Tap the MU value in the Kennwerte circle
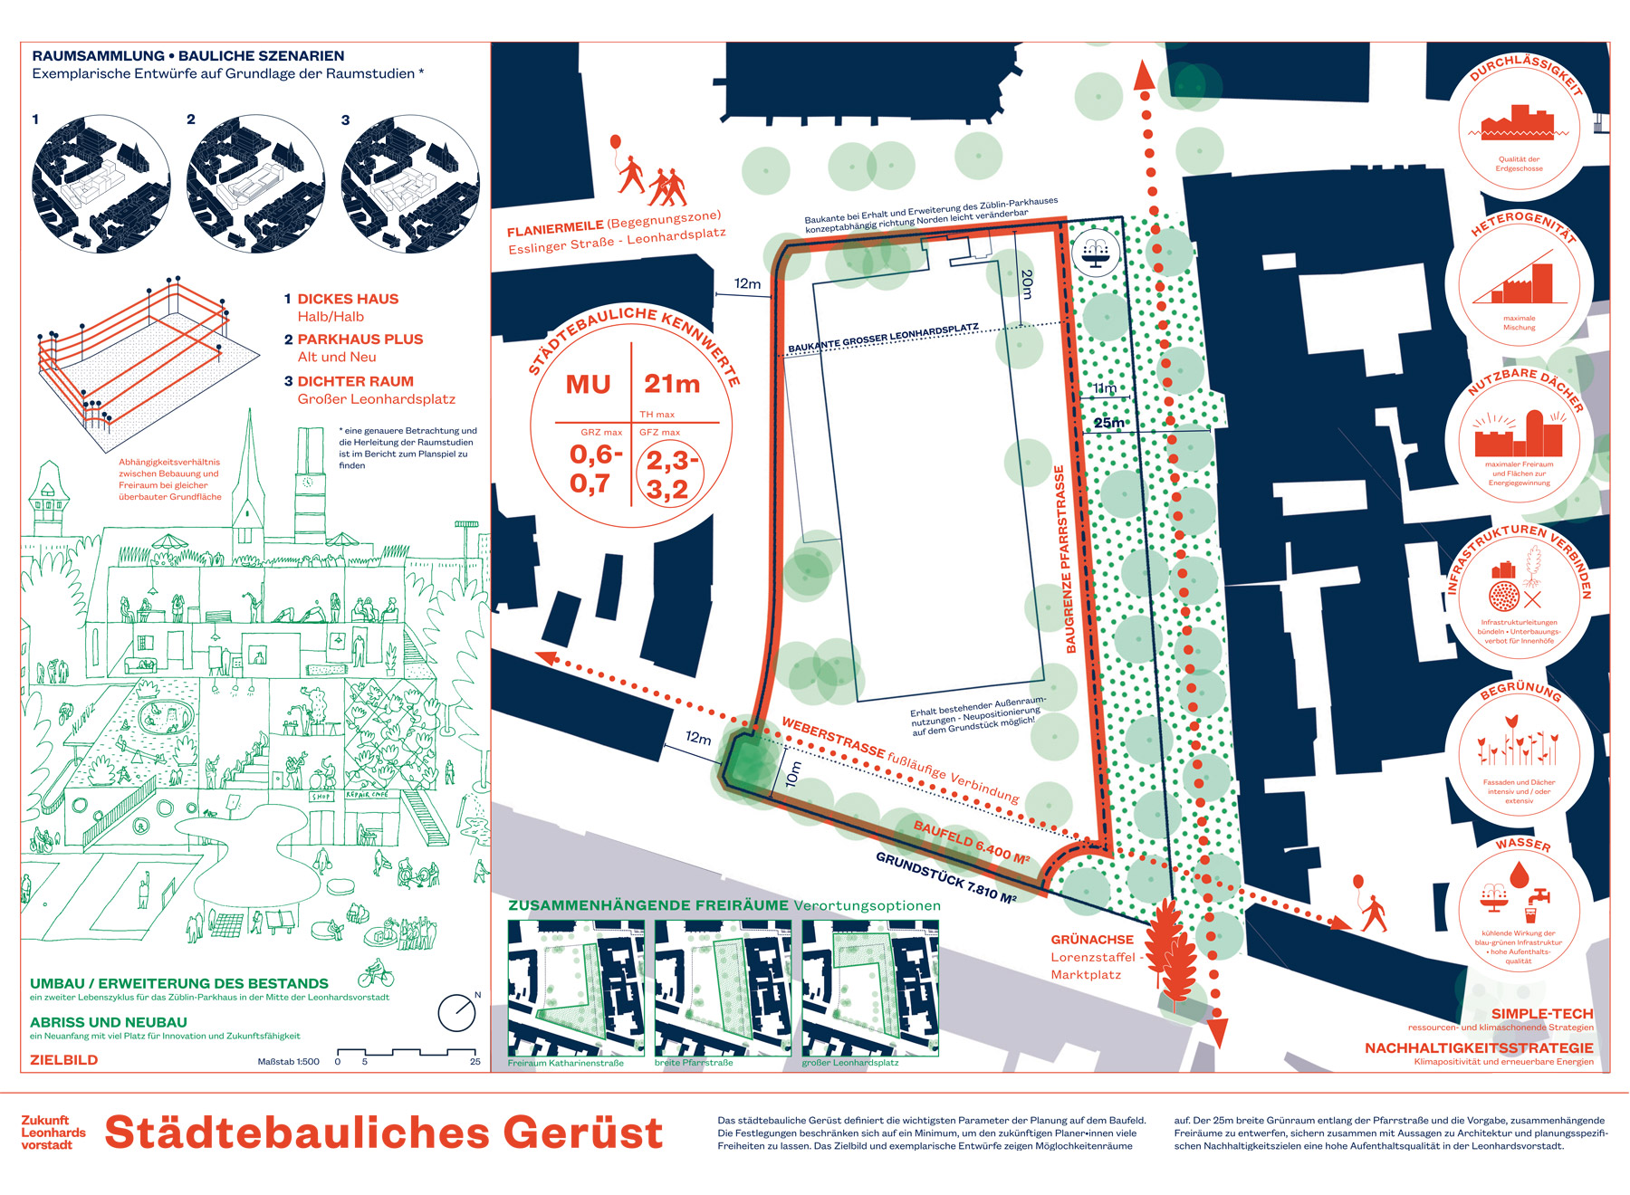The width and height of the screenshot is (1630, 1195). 589,385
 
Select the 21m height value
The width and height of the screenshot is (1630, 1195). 672,384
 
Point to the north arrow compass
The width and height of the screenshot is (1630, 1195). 456,1012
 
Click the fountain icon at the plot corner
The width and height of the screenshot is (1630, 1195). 1096,253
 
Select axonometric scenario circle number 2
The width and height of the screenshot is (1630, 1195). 255,184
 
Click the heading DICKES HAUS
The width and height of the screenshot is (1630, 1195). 348,299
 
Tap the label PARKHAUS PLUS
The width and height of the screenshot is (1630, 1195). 360,339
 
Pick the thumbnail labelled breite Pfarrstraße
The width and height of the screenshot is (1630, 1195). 722,988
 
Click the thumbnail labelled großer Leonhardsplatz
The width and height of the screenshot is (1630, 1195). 870,988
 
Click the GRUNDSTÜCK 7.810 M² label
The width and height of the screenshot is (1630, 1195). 945,876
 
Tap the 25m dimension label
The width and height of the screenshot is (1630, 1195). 1108,423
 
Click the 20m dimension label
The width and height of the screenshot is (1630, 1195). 1026,283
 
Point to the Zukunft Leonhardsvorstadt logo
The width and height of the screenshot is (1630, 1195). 53,1133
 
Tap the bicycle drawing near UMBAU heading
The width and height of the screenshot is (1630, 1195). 376,976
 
